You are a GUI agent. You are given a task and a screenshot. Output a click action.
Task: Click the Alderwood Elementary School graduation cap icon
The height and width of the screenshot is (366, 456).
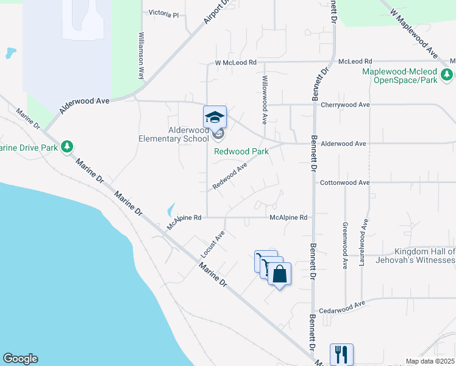coord(215,117)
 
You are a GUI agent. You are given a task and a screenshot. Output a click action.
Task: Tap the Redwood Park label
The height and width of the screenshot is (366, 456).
coord(241,151)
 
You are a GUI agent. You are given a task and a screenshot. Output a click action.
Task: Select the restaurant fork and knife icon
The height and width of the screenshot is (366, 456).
coord(341,354)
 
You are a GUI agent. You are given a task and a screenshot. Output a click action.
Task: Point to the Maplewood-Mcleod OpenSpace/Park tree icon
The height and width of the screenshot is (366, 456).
coord(447,75)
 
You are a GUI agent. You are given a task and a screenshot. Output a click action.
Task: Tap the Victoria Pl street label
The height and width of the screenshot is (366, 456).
coord(164,13)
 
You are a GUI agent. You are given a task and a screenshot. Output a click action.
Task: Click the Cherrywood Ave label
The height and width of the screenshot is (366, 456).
coord(345,104)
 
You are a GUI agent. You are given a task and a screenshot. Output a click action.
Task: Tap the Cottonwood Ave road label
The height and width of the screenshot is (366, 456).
coord(345,182)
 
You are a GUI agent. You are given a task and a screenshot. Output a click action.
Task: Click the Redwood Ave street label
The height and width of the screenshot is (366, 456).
coord(229,176)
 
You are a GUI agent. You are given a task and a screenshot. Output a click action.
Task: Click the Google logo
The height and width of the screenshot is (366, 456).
coord(20,359)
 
